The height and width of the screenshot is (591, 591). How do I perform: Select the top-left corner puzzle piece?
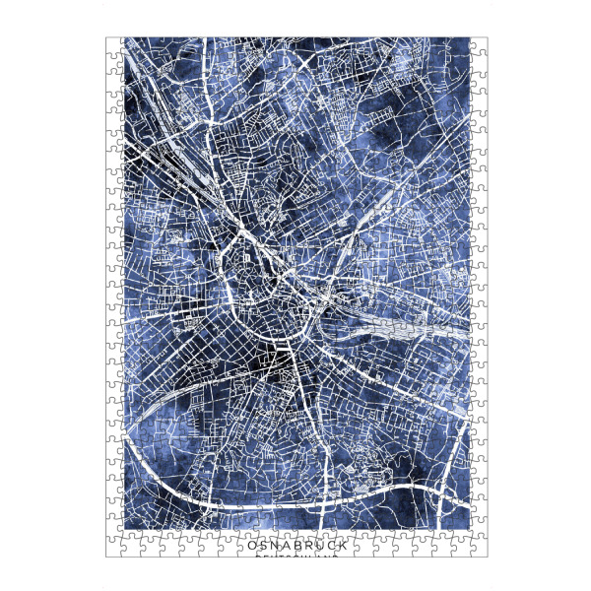(x=114, y=46)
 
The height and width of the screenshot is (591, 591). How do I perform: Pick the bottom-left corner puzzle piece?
(x=114, y=548)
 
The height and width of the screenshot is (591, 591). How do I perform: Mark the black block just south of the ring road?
(x=281, y=368)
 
